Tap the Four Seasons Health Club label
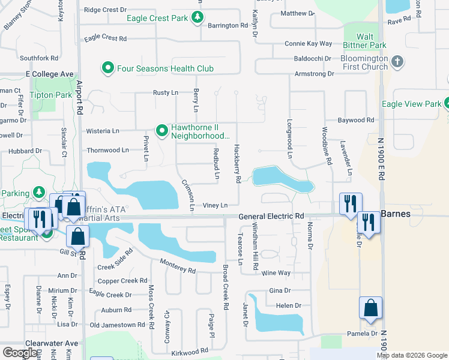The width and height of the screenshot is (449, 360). coord(165,68)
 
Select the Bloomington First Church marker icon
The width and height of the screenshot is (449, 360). coord(397,62)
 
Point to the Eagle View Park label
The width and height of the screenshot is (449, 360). coord(411,104)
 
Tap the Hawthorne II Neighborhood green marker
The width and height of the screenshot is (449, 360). coord(161,130)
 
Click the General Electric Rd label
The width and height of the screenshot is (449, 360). coord(271,216)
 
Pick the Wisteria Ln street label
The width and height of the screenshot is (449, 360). coord(103,131)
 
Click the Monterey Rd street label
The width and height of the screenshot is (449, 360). coord(178,266)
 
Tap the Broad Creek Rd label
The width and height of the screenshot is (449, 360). coord(226,287)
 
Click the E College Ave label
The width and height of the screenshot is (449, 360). coord(49,74)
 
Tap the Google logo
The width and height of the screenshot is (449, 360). coord(20,353)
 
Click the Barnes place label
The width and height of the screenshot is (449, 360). coord(396,214)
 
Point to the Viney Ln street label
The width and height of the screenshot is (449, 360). coord(215,205)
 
